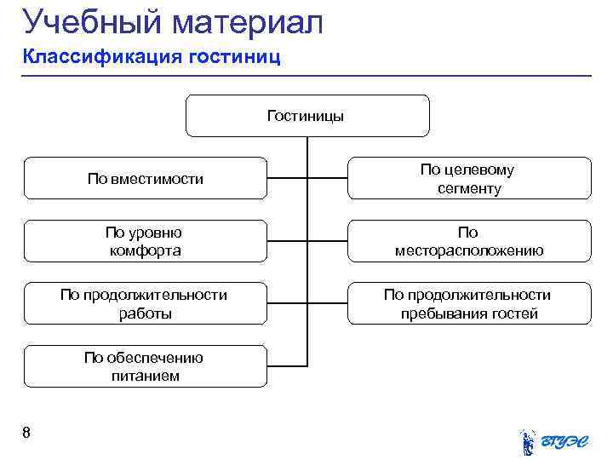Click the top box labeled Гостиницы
[306, 116]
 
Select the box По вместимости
[145, 179]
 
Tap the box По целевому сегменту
[467, 179]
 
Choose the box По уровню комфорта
[145, 241]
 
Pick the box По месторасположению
[468, 241]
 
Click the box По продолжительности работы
[145, 304]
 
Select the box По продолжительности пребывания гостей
[468, 304]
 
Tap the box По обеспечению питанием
[145, 366]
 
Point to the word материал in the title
[247, 23]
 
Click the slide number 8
[26, 434]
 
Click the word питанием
[145, 376]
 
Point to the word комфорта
[145, 250]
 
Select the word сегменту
[469, 188]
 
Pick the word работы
[145, 313]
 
